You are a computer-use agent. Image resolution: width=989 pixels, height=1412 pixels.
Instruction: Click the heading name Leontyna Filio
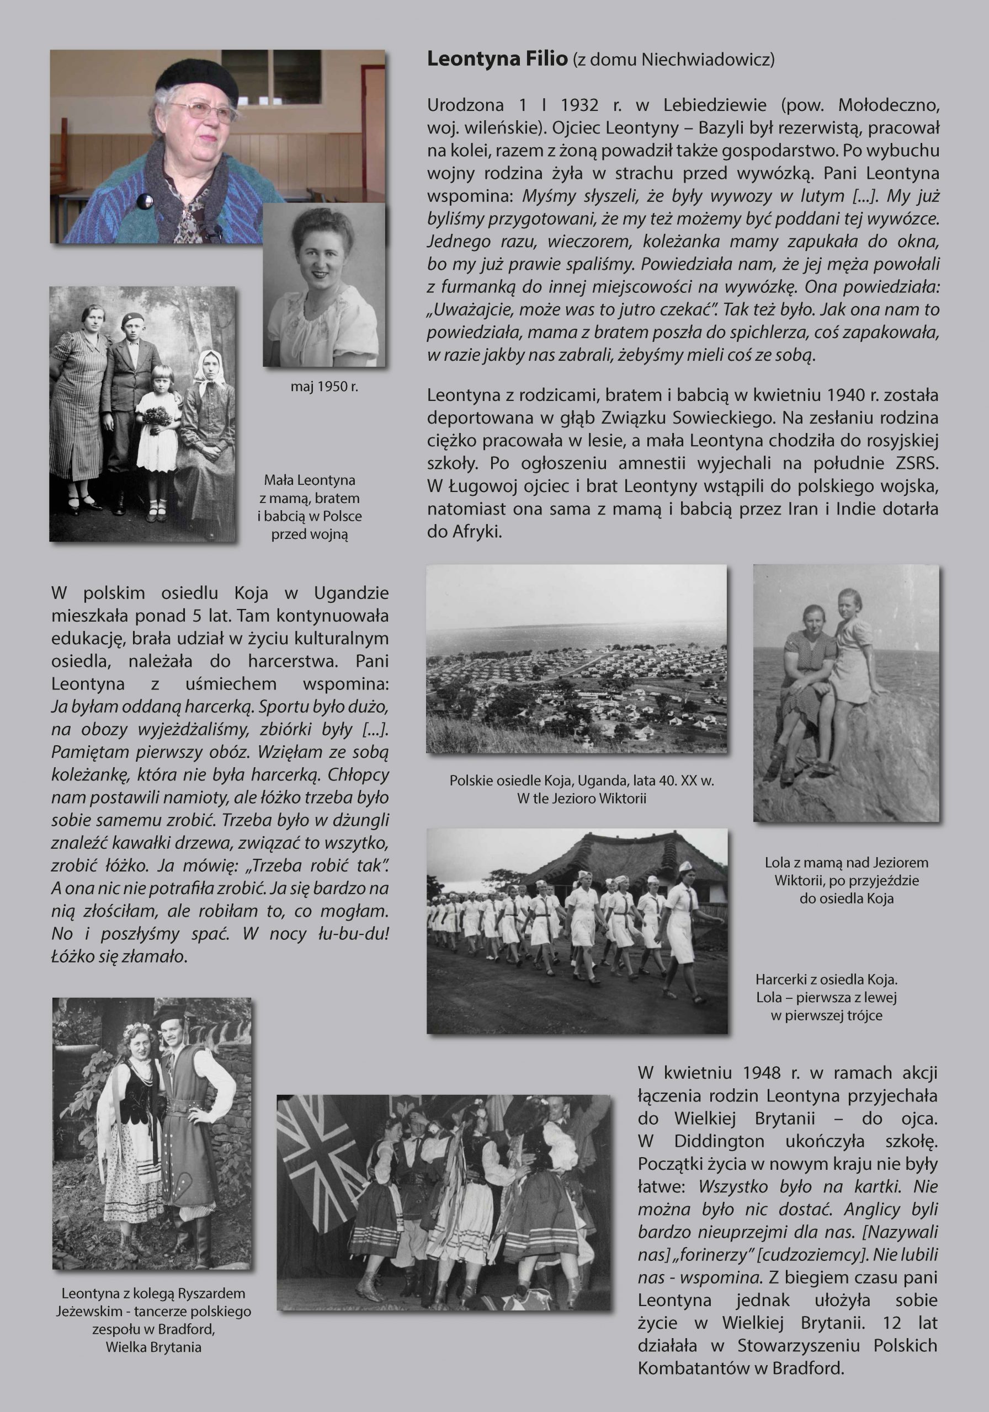tap(497, 60)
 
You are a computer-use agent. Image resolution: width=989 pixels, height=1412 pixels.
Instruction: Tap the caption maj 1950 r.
tap(325, 387)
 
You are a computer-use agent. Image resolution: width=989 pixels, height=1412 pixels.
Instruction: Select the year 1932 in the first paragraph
tap(579, 105)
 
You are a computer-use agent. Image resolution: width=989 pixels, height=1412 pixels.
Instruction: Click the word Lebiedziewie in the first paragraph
tap(714, 105)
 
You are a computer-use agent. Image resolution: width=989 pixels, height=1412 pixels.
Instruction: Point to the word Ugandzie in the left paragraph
tap(351, 593)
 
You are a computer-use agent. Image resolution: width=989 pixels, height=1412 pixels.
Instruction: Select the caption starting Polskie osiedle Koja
tap(582, 781)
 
